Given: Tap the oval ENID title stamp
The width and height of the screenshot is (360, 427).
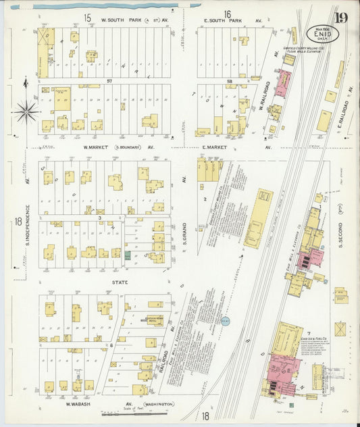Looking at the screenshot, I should tap(319, 33).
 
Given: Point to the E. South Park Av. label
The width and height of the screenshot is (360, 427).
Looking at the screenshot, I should tap(233, 21).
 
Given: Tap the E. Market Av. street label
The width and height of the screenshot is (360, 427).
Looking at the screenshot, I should tap(233, 147).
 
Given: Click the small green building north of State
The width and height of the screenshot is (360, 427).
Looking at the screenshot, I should tap(128, 255).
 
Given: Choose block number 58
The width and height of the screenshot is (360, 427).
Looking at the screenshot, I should tap(230, 82).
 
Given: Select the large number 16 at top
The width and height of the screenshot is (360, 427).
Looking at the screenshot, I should tap(228, 14).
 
